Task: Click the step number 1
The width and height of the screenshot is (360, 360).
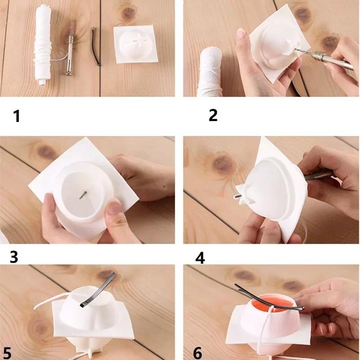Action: coord(17,117)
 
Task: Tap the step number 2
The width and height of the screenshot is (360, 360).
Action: coord(213,116)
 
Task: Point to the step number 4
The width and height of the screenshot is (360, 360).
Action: coord(200,258)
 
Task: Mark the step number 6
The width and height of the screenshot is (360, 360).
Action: coord(198,353)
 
